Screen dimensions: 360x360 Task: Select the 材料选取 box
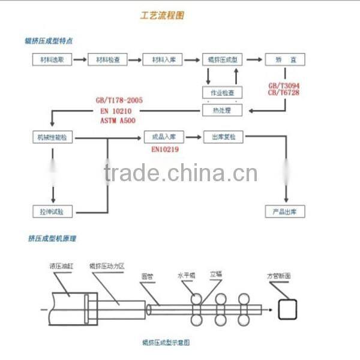pos(52,60)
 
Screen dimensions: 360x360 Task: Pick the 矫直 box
pos(285,60)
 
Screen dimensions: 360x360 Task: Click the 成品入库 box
pos(164,137)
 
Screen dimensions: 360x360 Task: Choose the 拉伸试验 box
pos(52,211)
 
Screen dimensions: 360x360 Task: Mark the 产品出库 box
pos(285,211)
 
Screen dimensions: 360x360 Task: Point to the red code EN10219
pos(164,149)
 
